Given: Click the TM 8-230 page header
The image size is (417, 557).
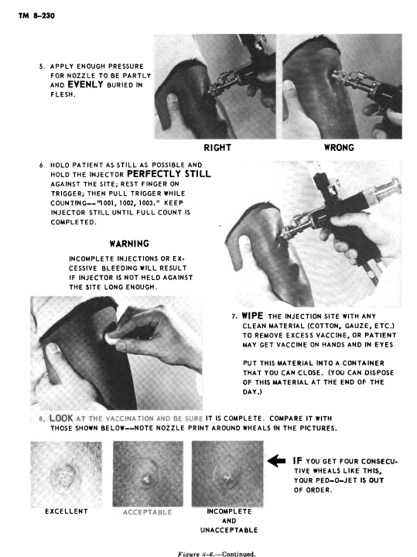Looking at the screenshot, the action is tap(36, 15).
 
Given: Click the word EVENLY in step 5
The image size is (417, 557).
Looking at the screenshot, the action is tap(85, 84).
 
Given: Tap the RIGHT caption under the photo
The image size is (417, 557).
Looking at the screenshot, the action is tap(217, 148).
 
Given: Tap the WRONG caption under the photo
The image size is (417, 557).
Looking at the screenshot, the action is tap(339, 148).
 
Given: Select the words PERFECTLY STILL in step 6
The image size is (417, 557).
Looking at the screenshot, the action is tap(169, 174).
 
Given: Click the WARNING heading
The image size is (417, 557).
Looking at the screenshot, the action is tap(129, 244).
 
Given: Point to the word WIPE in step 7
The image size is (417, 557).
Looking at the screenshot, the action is tap(252, 316).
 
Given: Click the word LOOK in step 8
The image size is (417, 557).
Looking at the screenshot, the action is tap(61, 418).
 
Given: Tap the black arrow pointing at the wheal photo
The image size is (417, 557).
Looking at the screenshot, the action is tap(277, 461).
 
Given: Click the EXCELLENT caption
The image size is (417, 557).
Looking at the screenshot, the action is tap(67, 511).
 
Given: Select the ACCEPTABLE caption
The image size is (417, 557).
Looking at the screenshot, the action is tap(148, 512).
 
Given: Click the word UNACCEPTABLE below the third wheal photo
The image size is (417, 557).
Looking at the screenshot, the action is tap(229, 530).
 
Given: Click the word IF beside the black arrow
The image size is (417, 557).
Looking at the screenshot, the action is tap(298, 461).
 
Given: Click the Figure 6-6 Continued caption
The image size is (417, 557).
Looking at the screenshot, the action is tap(217, 554).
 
